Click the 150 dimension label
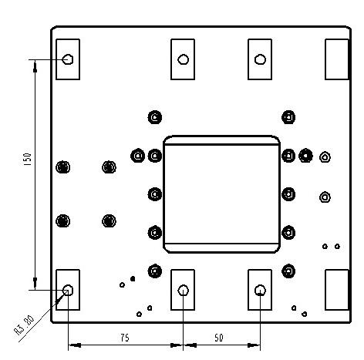tap(28, 160)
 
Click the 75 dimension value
tap(125, 338)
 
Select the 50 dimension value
tap(219, 338)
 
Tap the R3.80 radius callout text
tap(24, 325)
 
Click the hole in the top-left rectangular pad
tap(68, 59)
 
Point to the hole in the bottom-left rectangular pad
tap(68, 290)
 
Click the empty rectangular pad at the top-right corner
tap(337, 59)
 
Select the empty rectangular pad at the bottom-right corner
tap(337, 290)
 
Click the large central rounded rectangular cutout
tap(221, 194)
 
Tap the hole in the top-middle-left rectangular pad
tap(183, 59)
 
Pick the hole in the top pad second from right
tap(260, 59)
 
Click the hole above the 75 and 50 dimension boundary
tap(183, 291)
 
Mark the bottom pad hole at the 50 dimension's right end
tap(260, 291)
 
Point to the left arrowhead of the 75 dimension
tap(75, 345)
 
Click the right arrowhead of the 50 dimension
tap(254, 345)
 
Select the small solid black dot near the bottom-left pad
tap(133, 278)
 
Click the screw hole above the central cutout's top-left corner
tap(155, 117)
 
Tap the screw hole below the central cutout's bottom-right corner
tap(288, 271)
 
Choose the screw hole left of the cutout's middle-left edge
tap(155, 194)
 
